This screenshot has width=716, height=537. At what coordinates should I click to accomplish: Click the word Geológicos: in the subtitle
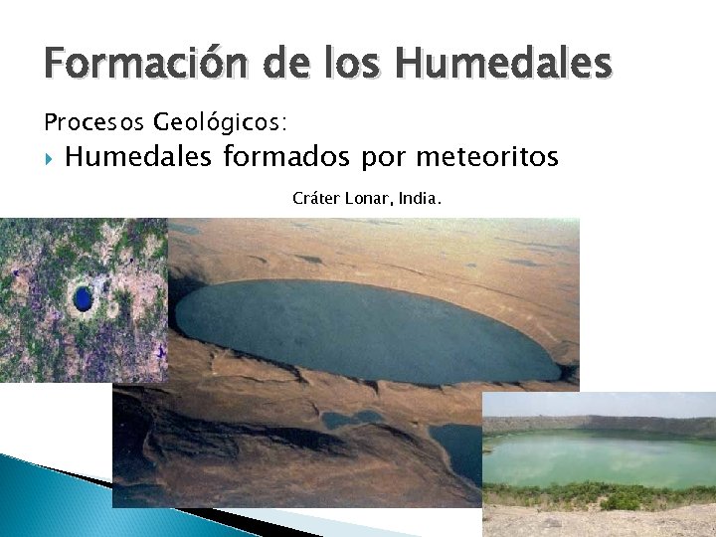(220, 123)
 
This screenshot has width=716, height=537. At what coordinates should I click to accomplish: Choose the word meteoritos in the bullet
(486, 157)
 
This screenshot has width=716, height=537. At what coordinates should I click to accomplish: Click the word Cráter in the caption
(315, 199)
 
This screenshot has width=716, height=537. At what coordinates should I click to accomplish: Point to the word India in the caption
(418, 199)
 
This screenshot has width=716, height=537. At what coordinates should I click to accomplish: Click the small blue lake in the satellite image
(82, 296)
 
